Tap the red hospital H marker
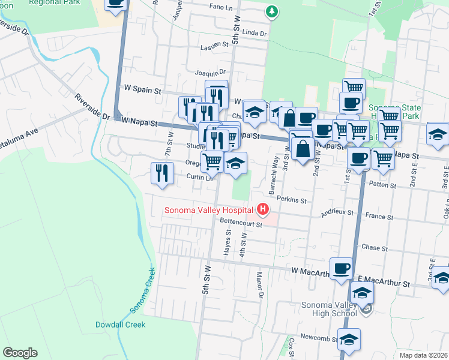click(262, 209)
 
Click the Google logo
click(20, 353)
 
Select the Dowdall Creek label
click(120, 325)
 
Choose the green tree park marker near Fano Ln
click(272, 11)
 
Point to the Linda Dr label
click(255, 31)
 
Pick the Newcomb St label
click(316, 337)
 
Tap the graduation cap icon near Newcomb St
click(348, 340)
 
